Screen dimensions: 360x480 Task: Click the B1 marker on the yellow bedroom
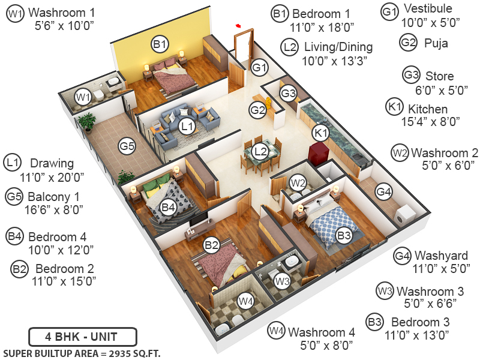[x=159, y=43]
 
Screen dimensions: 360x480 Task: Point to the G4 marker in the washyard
[x=384, y=191]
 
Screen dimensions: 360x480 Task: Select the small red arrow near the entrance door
[x=239, y=26]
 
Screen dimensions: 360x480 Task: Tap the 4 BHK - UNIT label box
[x=83, y=336]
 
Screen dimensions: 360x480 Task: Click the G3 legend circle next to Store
[x=411, y=76]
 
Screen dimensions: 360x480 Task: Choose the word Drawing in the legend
[x=52, y=163]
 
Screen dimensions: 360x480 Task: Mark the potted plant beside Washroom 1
[x=87, y=122]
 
